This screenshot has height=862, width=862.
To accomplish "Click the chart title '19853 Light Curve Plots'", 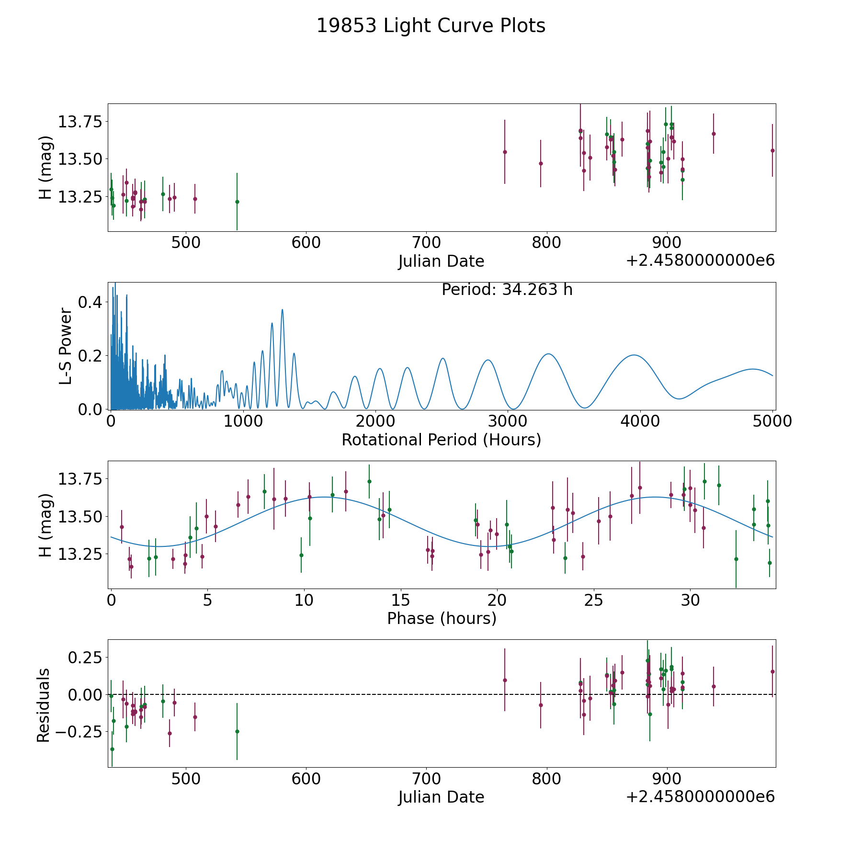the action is [431, 26].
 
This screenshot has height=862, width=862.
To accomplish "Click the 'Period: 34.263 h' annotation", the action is [507, 290].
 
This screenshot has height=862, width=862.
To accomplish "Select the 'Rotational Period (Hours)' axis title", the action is [442, 440].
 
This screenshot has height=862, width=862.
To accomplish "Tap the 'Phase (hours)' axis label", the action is [442, 619].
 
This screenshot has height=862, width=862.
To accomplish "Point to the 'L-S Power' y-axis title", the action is [66, 346].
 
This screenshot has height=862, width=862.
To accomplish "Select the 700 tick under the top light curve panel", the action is [426, 243].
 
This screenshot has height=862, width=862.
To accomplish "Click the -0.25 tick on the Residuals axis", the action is [79, 732].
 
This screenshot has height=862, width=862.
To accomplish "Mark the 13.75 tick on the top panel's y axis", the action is [80, 122].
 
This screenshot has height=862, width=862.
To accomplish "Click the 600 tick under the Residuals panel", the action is [306, 779].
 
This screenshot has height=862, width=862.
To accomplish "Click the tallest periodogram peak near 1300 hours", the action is [283, 310].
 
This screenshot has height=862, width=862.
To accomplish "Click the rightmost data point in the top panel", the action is [772, 150].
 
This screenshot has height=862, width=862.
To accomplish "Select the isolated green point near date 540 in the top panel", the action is [237, 202].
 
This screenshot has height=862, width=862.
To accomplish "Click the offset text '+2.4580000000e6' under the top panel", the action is [701, 261].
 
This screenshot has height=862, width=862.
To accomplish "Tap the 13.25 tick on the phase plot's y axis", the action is [80, 554].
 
